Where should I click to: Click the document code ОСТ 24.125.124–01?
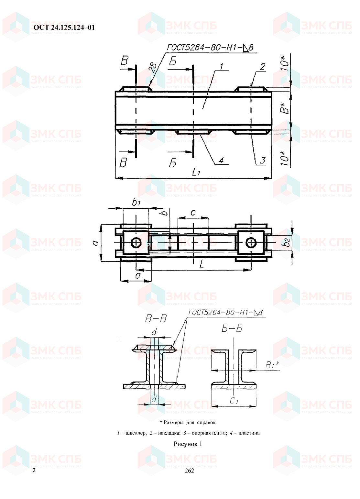[64, 28]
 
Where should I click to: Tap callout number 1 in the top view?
[221, 67]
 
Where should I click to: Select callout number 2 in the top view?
[263, 67]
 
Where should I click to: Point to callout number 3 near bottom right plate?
[263, 160]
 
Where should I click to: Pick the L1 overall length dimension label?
[196, 172]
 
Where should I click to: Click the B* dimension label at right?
[285, 108]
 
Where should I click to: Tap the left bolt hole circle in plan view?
[136, 243]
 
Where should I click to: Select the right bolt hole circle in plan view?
[251, 243]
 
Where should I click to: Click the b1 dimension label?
[136, 202]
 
